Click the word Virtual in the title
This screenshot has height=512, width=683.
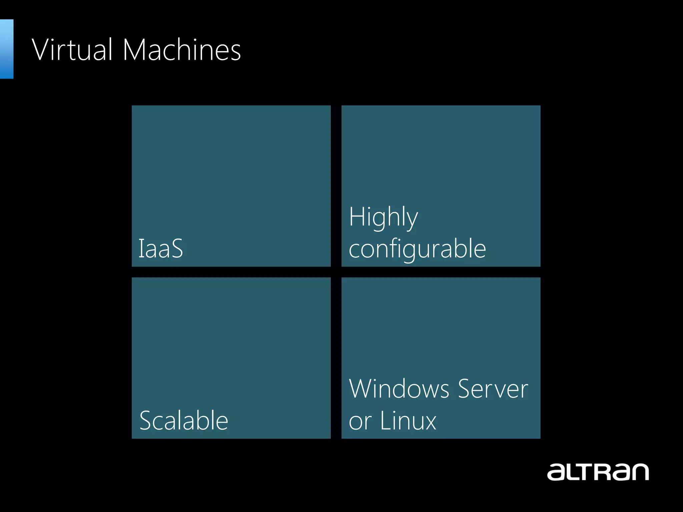pyautogui.click(x=72, y=50)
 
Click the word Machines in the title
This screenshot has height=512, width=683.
pyautogui.click(x=182, y=50)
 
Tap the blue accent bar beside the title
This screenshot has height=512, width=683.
pyautogui.click(x=6, y=49)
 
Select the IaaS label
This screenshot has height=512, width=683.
pyautogui.click(x=161, y=249)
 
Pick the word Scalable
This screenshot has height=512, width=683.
pyautogui.click(x=184, y=421)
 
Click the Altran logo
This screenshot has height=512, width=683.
pyautogui.click(x=598, y=471)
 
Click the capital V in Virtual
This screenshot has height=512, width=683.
pyautogui.click(x=42, y=50)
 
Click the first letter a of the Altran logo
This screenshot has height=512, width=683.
pyautogui.click(x=556, y=473)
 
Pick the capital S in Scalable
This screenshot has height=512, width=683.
pyautogui.click(x=147, y=421)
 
